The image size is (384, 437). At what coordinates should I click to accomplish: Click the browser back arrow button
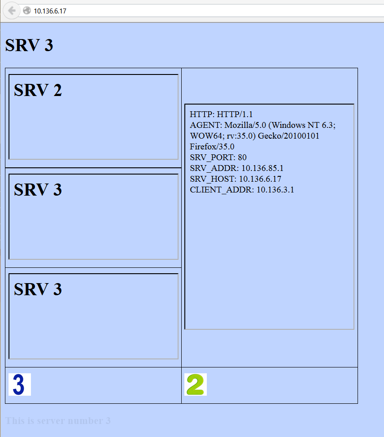click(11, 11)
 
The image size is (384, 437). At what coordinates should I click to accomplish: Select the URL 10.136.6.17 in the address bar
click(50, 11)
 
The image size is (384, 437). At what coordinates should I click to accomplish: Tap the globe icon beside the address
click(27, 11)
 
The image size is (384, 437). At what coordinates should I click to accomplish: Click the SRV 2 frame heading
click(38, 90)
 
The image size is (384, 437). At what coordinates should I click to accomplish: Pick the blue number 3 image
click(19, 385)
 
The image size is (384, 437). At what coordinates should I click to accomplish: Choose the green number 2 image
click(196, 385)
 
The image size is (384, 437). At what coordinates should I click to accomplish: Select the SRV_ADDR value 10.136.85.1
click(262, 168)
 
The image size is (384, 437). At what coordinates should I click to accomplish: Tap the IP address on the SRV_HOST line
click(260, 179)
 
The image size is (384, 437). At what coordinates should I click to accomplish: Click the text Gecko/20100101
click(288, 136)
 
